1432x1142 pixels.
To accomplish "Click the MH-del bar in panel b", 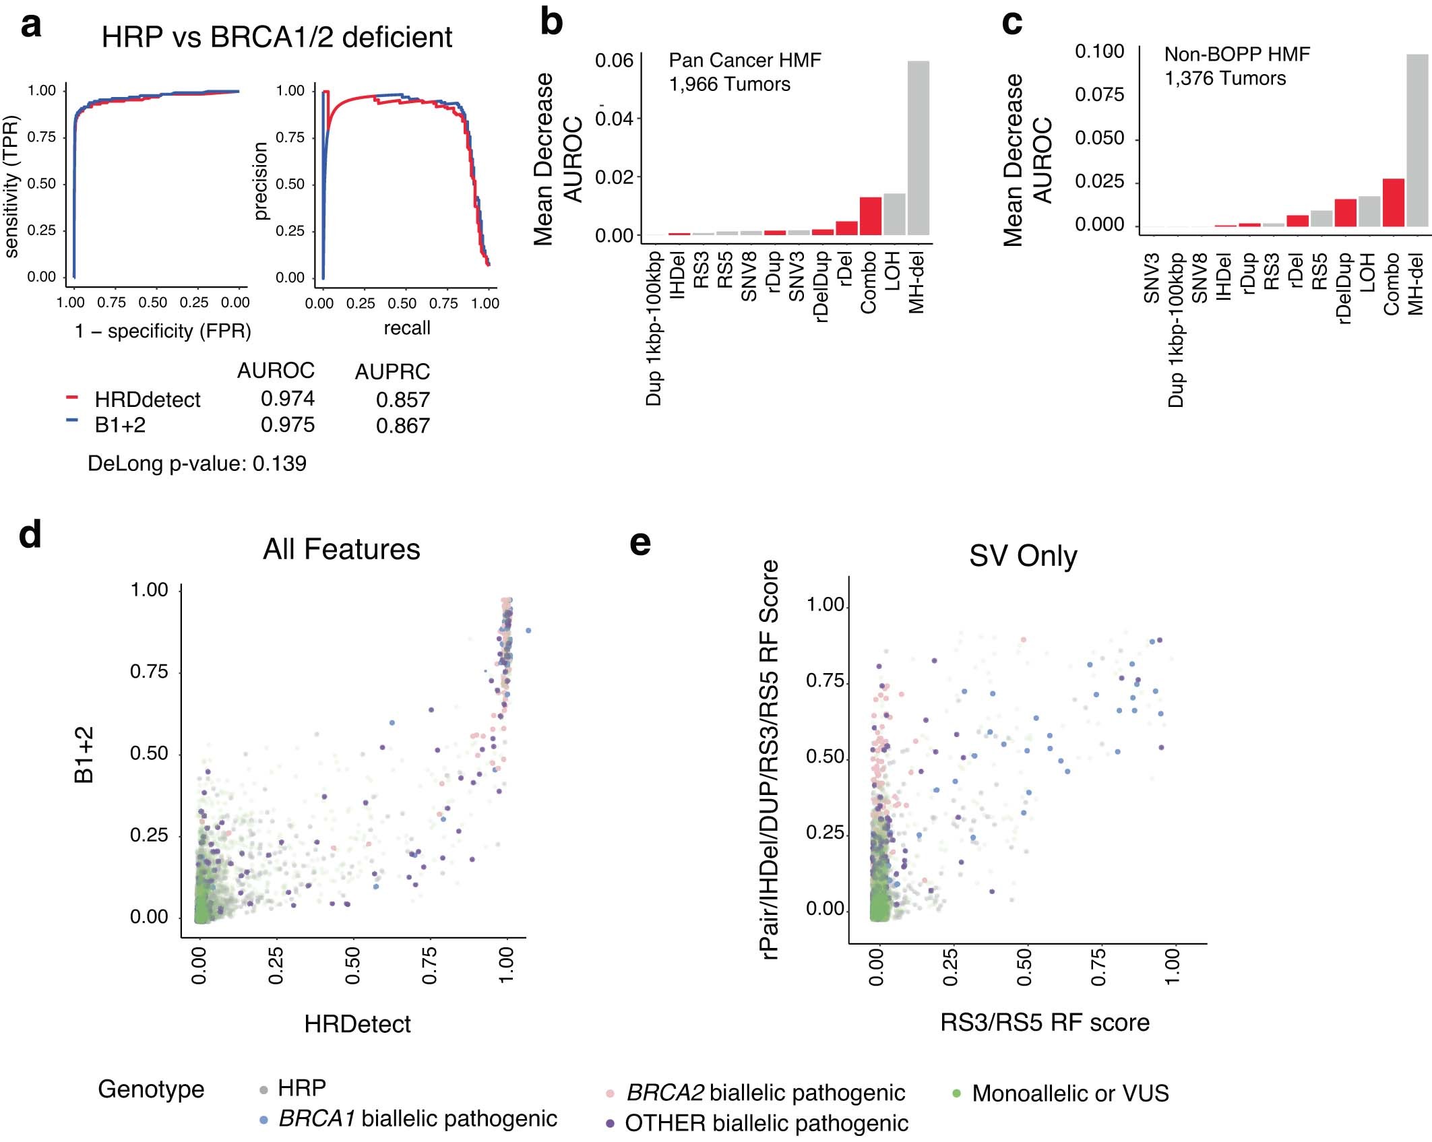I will click(x=919, y=148).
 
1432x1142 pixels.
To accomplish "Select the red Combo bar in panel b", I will click(x=870, y=216).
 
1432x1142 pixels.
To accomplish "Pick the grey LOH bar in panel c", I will click(x=1369, y=211).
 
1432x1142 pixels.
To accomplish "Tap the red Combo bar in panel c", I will click(x=1393, y=202).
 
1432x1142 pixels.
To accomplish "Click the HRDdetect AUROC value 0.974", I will click(x=288, y=398).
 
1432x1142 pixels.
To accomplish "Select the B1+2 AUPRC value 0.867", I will click(x=402, y=426).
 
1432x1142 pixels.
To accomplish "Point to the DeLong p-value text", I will click(x=197, y=464).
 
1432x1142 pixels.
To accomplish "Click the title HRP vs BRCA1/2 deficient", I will click(x=276, y=37).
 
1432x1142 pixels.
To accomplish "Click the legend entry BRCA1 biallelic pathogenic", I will click(x=417, y=1118).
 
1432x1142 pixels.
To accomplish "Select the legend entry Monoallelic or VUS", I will click(x=1069, y=1093).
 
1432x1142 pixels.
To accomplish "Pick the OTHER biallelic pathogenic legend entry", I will click(x=766, y=1123).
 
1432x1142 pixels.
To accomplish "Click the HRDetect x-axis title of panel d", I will click(x=357, y=1024).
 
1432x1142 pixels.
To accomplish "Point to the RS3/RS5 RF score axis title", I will click(x=1045, y=1023).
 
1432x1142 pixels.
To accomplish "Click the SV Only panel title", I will click(x=1022, y=557).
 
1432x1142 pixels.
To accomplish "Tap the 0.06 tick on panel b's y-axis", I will click(x=614, y=61).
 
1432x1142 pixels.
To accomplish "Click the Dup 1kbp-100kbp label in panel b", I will click(x=654, y=329).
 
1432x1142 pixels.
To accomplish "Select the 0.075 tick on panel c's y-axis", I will click(x=1099, y=95).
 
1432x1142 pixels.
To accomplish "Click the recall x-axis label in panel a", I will click(x=406, y=328).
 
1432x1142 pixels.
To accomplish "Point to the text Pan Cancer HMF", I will click(x=745, y=60).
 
